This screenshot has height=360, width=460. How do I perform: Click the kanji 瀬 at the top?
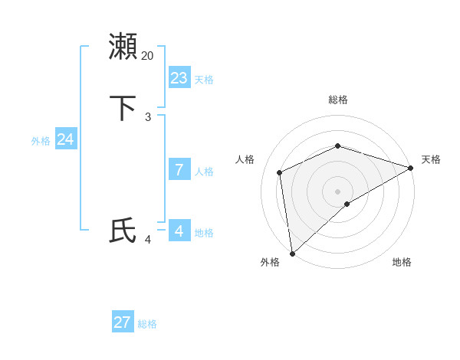(x=123, y=47)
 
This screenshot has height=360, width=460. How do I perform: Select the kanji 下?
(x=123, y=108)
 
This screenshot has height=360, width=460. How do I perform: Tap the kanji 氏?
(x=123, y=231)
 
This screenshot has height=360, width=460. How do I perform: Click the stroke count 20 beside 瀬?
(x=147, y=56)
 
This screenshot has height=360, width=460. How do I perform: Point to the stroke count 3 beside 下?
(x=147, y=116)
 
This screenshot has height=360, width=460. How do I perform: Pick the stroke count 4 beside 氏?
(x=147, y=240)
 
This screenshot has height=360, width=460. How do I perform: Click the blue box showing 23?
(x=179, y=77)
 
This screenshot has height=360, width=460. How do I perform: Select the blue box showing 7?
(x=179, y=169)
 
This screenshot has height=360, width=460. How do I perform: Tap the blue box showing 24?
(x=66, y=139)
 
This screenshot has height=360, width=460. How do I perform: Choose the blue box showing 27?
(x=123, y=322)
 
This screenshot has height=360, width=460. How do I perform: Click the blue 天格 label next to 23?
(x=204, y=80)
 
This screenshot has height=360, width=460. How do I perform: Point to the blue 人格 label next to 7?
(x=204, y=172)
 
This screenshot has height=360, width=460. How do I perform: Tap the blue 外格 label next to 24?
(x=41, y=141)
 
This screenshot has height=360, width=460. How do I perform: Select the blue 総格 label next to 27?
(x=147, y=325)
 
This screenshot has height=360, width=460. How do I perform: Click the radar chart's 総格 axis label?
(x=337, y=100)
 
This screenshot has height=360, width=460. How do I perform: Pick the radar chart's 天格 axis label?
(x=431, y=159)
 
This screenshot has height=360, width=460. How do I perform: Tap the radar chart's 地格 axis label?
(x=402, y=262)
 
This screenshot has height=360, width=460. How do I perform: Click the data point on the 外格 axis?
(x=291, y=254)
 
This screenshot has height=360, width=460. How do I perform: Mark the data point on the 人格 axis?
(x=280, y=172)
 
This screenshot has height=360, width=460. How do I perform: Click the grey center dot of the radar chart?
(x=337, y=191)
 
